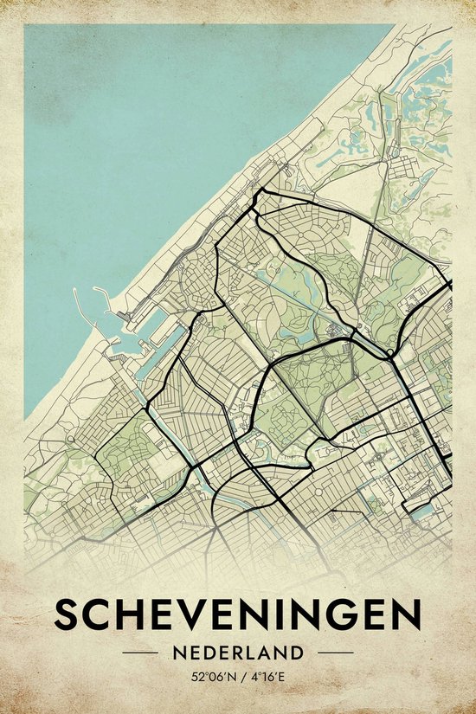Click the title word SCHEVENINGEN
(238, 615)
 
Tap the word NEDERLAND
(237, 652)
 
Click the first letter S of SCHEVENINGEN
(67, 615)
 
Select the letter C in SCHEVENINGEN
(97, 615)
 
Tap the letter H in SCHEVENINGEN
(129, 615)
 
